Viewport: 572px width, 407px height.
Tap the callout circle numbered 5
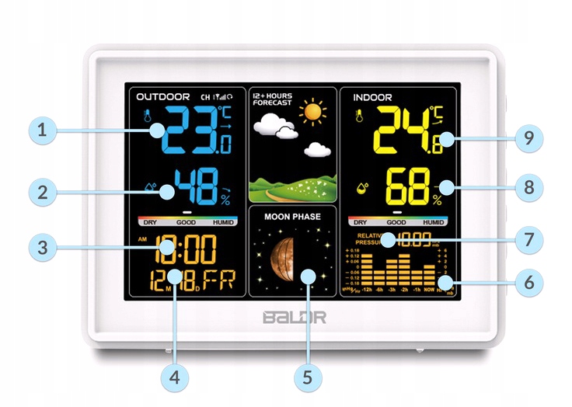point(308,377)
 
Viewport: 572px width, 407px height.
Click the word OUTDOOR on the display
point(163,97)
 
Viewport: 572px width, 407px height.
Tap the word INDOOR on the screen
point(373,98)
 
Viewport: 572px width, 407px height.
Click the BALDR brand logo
point(294,317)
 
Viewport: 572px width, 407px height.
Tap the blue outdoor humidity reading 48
point(197,188)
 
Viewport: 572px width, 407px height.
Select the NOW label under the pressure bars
point(428,290)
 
